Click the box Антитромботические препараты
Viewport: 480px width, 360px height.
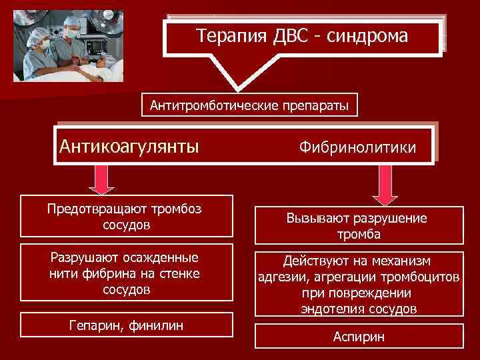(x=249, y=105)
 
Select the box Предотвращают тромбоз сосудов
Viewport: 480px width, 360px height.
(x=127, y=216)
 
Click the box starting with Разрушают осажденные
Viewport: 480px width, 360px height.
(x=127, y=273)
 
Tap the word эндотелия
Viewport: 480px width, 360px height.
(x=331, y=309)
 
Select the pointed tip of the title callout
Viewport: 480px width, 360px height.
(x=241, y=89)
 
